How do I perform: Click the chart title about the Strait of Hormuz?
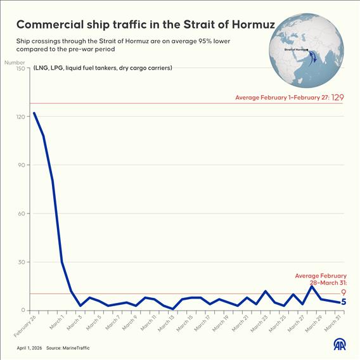click(x=138, y=25)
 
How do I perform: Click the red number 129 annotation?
click(x=338, y=98)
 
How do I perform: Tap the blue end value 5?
click(x=343, y=302)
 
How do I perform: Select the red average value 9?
click(x=343, y=292)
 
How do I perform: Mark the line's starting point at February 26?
click(x=34, y=113)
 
